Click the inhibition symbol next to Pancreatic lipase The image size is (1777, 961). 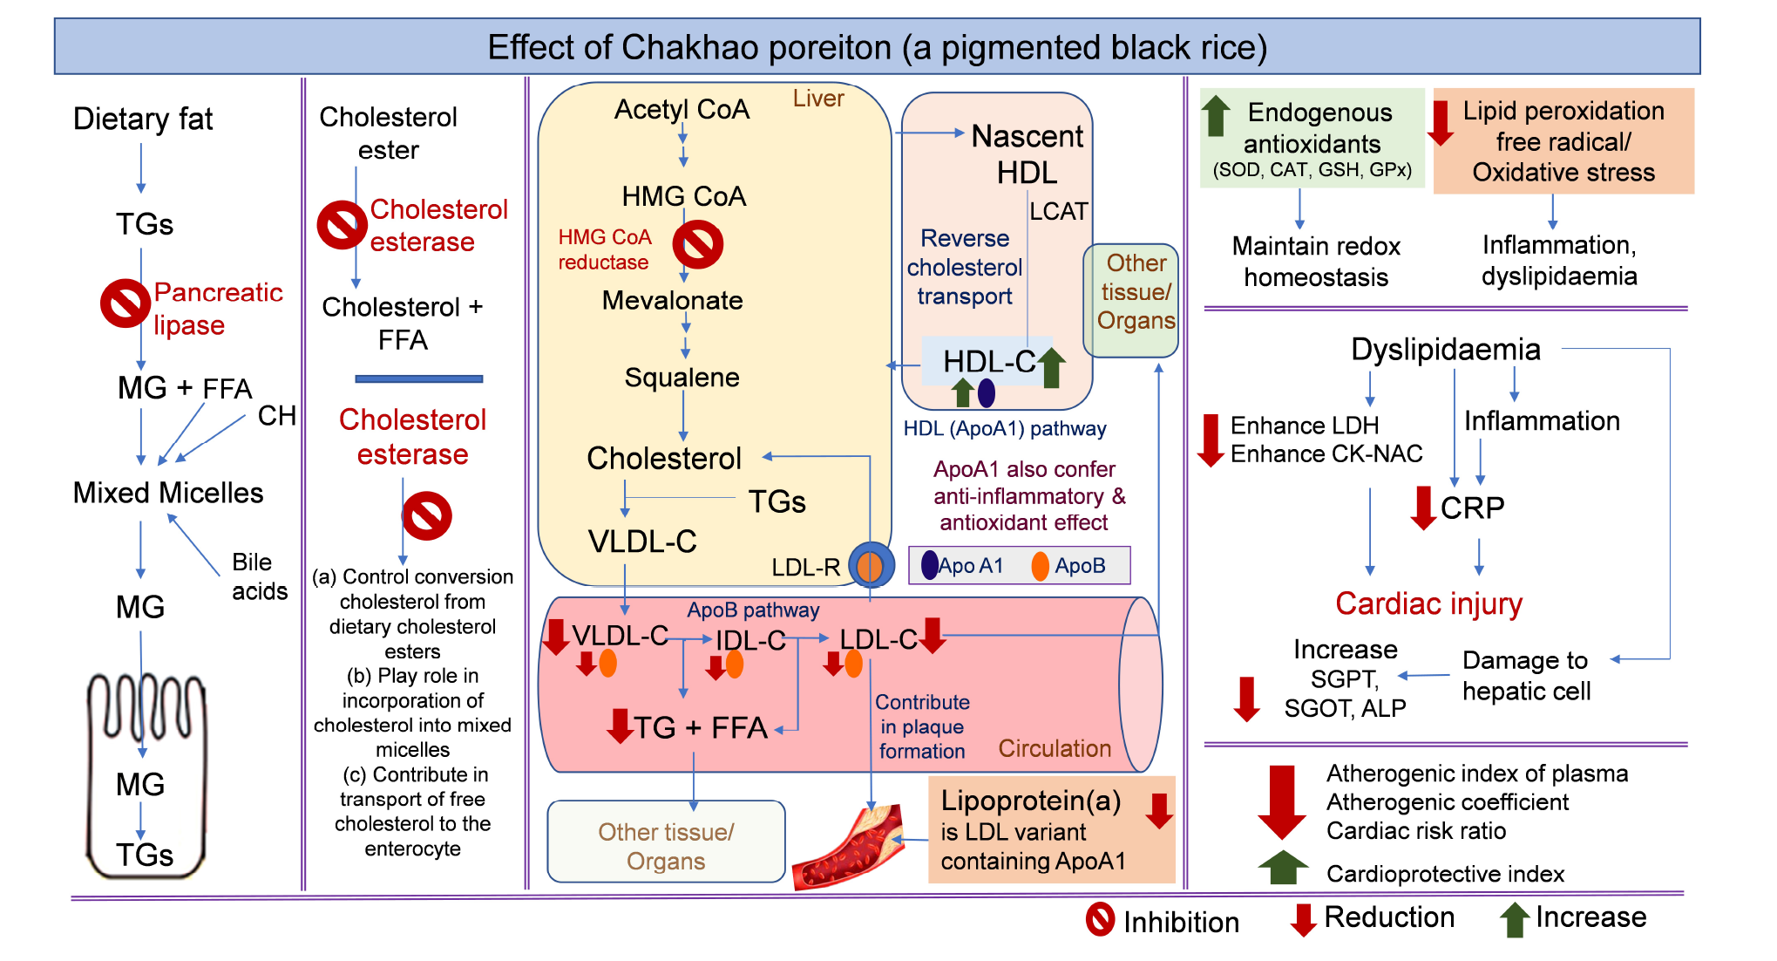coord(125,303)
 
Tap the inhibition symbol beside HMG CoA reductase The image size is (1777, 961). coord(698,244)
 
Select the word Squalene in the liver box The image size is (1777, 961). coord(682,378)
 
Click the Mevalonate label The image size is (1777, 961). coord(672,301)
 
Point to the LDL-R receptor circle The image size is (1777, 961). coord(871,566)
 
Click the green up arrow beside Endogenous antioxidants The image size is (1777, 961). coord(1216,116)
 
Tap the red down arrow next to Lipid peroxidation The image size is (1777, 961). coord(1441,122)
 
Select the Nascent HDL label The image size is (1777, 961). coord(1028,154)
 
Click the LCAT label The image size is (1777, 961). coord(1058,212)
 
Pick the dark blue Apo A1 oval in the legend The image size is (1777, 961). coord(930,565)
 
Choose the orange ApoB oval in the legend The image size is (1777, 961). coord(1040,566)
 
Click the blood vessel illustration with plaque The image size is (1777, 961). coord(848,846)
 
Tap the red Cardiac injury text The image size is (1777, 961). coord(1428,603)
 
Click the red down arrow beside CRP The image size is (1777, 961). coord(1423,508)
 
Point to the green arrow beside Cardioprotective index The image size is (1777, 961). coord(1283,868)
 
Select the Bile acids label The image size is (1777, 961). coord(259,576)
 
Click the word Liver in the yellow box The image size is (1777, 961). coord(818,99)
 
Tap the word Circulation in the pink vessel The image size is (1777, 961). coord(1055,748)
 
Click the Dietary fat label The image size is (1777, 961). coord(143,119)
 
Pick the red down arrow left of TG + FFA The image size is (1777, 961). coord(620,726)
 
